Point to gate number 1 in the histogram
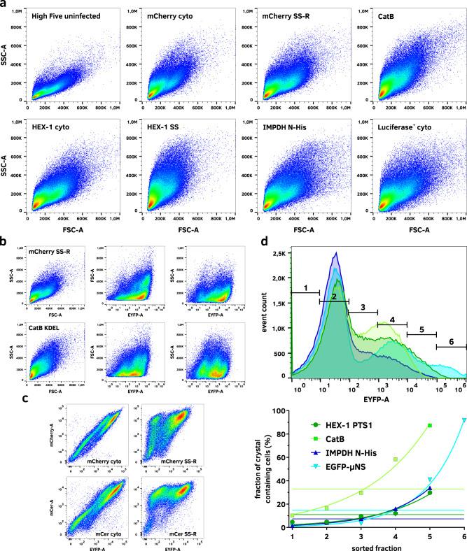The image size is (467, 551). click(x=305, y=288)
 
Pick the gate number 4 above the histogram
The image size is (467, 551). click(x=392, y=320)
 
